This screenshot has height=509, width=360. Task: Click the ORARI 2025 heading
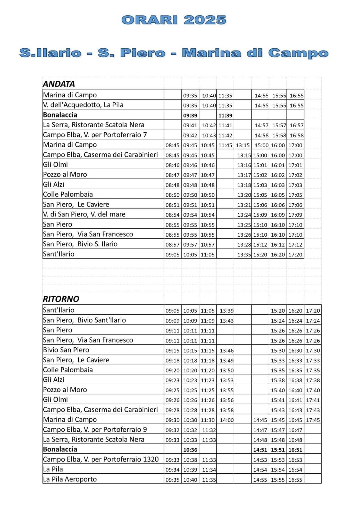tap(174, 20)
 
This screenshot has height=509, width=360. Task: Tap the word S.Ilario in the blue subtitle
tap(50, 53)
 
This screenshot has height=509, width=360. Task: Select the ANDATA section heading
tap(59, 84)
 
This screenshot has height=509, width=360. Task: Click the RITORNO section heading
tap(61, 299)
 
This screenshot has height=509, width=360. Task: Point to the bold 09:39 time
tap(190, 115)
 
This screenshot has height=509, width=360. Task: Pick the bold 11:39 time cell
tap(225, 115)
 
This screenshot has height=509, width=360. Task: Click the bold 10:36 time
tap(190, 450)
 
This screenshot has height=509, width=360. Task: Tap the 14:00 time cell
tap(226, 420)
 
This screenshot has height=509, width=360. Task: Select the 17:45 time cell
tap(313, 420)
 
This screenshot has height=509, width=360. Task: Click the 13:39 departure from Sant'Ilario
tap(226, 311)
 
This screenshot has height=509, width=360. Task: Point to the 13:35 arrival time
tap(244, 254)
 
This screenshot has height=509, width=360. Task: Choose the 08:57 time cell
tap(173, 245)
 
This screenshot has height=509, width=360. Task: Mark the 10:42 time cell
tap(209, 126)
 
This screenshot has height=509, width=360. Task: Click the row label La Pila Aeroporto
tap(70, 479)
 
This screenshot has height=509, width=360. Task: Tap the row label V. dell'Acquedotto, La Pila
tap(83, 105)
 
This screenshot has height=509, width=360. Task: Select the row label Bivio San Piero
tap(66, 350)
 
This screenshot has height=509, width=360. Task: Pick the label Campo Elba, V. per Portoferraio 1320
tap(101, 459)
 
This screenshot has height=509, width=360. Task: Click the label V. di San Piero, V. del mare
tap(84, 214)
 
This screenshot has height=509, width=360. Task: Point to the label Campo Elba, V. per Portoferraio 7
tap(95, 135)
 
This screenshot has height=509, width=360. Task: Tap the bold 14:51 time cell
tap(260, 450)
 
